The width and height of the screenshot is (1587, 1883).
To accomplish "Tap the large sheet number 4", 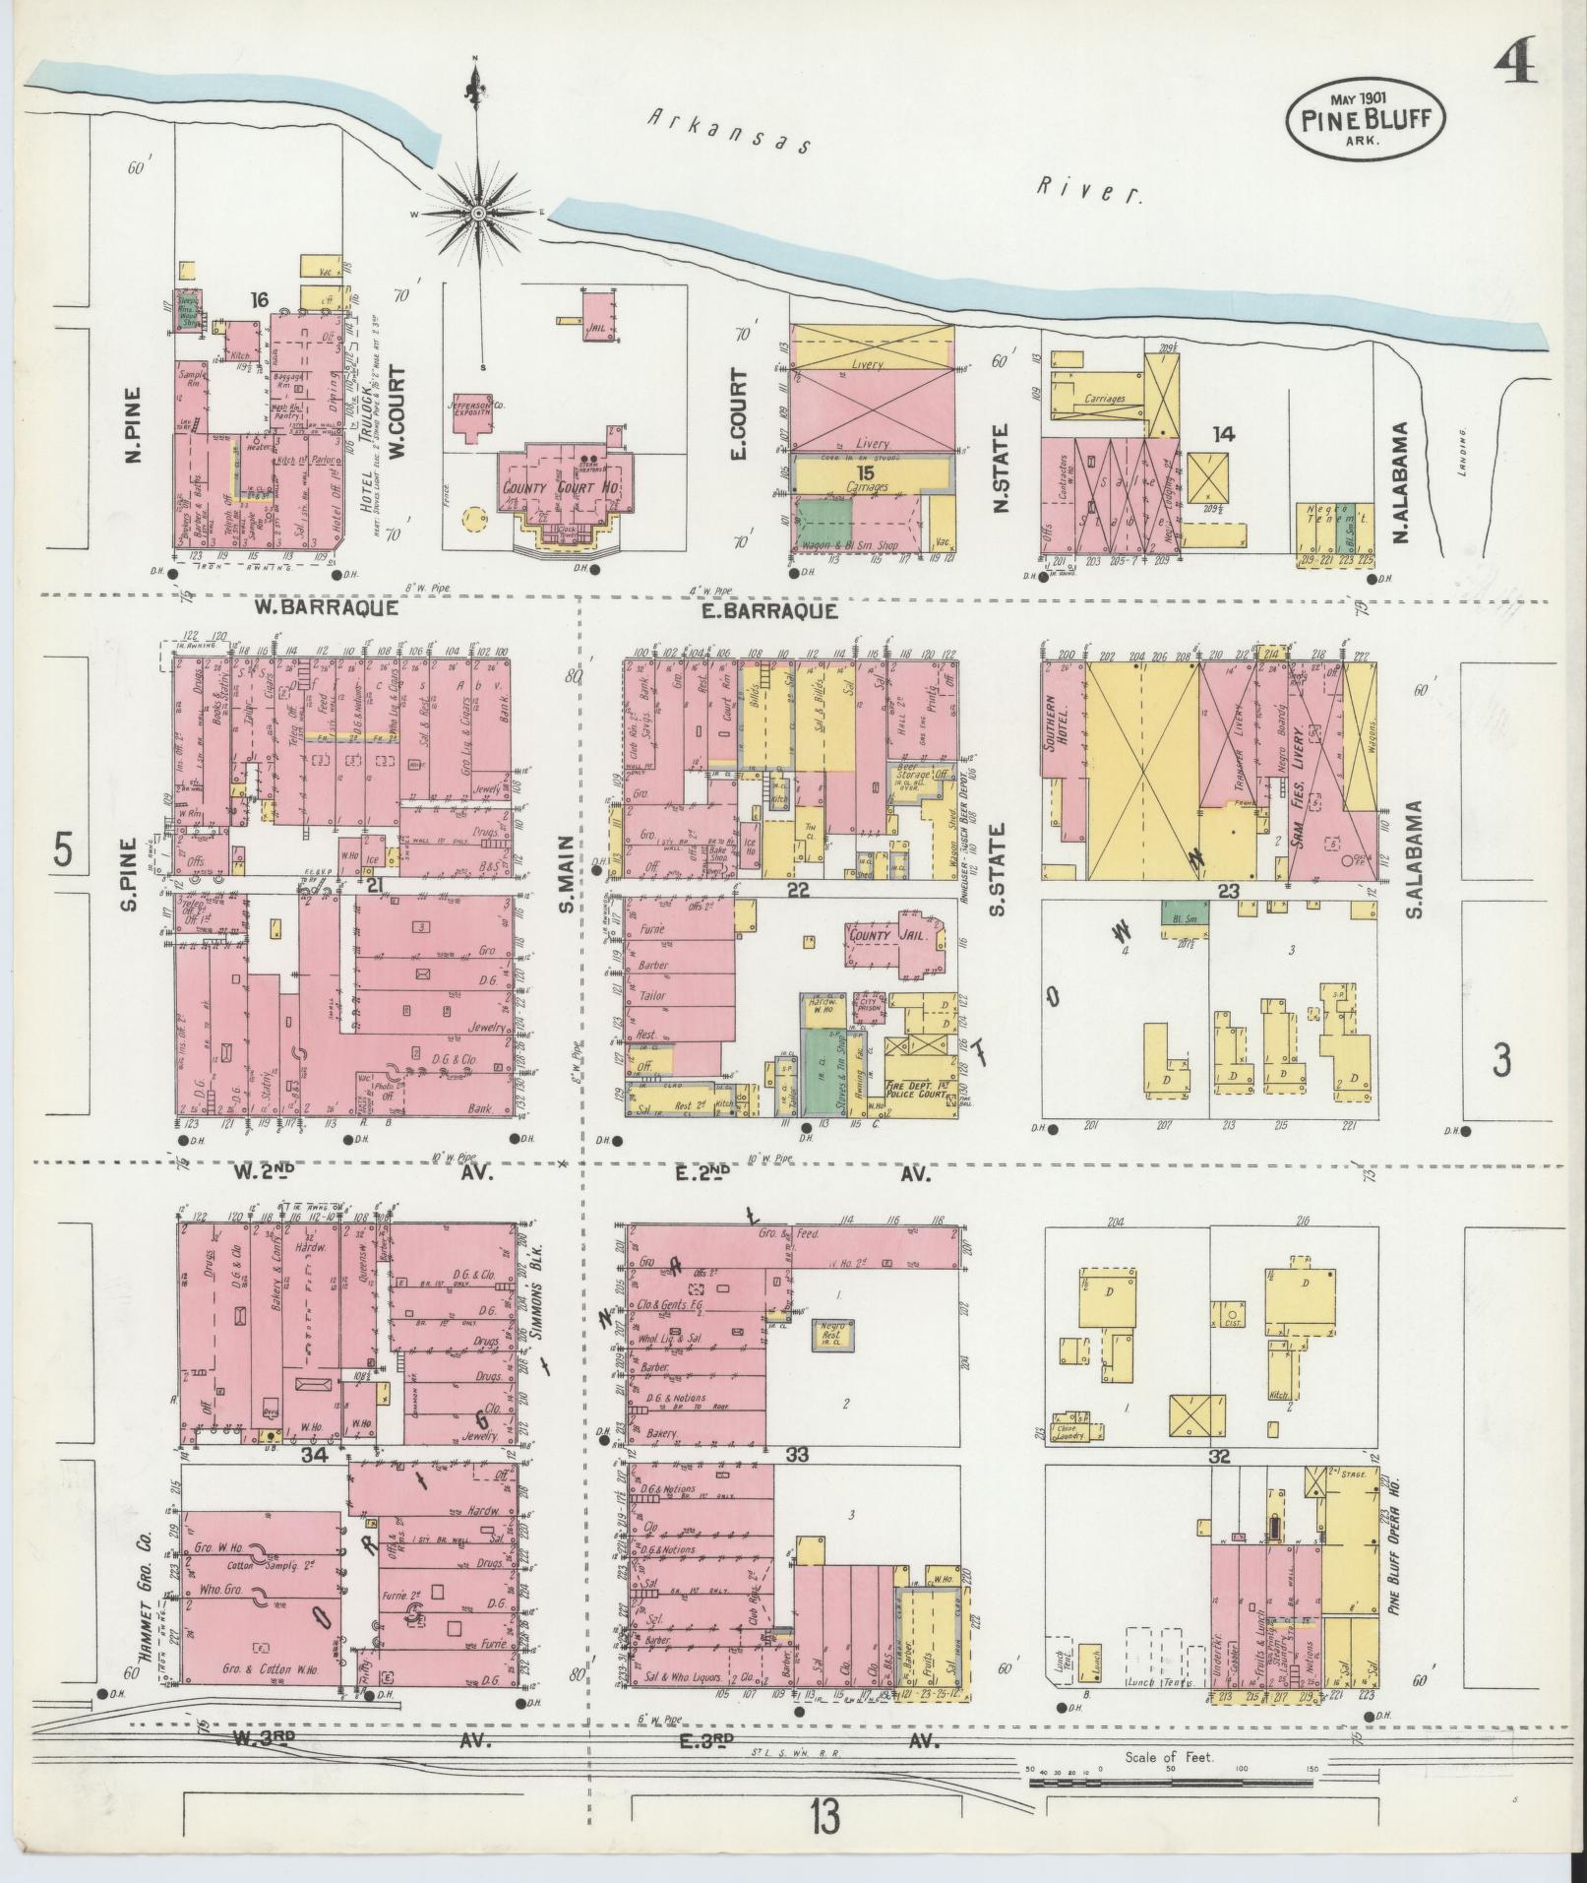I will point(1516,71).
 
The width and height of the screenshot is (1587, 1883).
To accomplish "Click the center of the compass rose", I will point(478,213).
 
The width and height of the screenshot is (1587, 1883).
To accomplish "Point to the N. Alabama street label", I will point(1401,482).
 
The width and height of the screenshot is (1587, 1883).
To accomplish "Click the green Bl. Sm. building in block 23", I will point(1185,912).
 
